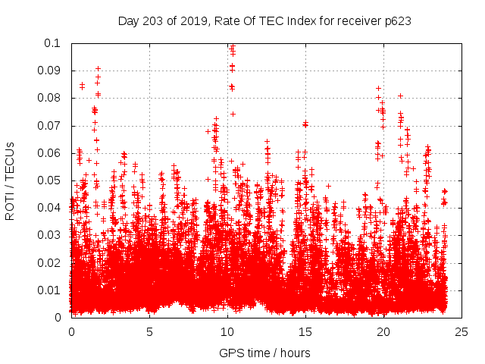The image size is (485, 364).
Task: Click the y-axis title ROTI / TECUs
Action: tap(11, 180)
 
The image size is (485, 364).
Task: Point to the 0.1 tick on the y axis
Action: tap(53, 43)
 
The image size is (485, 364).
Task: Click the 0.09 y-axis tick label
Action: tap(50, 71)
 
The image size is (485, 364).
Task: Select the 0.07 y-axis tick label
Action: tap(50, 126)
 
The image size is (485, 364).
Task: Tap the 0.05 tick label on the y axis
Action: tap(50, 180)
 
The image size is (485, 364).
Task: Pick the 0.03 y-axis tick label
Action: tap(50, 235)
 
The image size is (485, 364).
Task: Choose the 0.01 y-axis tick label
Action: tap(50, 290)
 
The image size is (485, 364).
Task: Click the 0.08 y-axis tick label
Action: tap(50, 98)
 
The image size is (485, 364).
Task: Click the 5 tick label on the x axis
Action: tap(150, 331)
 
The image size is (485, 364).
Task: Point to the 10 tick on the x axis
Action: tap(227, 331)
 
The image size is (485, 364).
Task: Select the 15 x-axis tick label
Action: tap(305, 331)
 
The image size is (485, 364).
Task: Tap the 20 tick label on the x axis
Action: tap(383, 331)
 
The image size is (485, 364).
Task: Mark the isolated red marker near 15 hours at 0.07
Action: tap(305, 124)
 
